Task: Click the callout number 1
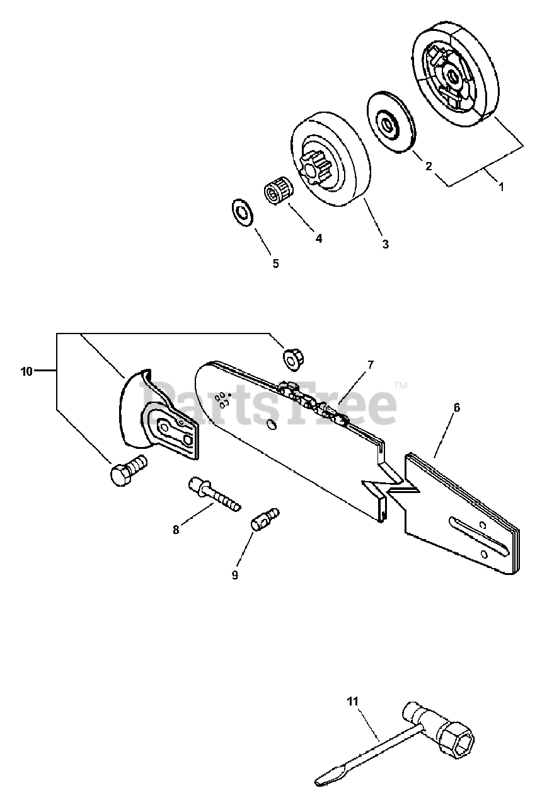501,187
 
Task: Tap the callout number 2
429,166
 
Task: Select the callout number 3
385,244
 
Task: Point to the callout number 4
318,238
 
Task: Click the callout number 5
275,264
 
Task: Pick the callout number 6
457,407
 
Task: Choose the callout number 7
371,364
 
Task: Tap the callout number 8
176,530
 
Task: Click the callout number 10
26,372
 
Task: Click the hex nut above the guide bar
294,358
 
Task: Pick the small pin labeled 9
265,518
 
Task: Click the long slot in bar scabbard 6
479,534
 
